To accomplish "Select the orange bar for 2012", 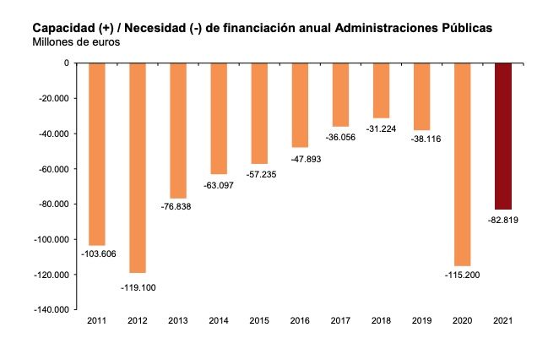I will [137, 167].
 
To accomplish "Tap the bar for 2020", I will [462, 164].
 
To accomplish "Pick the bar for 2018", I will [381, 90].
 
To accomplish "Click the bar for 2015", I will [259, 112].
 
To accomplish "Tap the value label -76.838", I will [178, 206].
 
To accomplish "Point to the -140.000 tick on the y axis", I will [52, 310].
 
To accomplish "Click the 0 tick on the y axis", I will [65, 63].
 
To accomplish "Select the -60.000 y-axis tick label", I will [54, 169].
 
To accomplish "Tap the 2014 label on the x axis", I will [219, 320].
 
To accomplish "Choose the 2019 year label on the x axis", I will [421, 320].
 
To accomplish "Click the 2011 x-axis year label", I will [96, 320].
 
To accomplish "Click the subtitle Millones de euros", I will [75, 41].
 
